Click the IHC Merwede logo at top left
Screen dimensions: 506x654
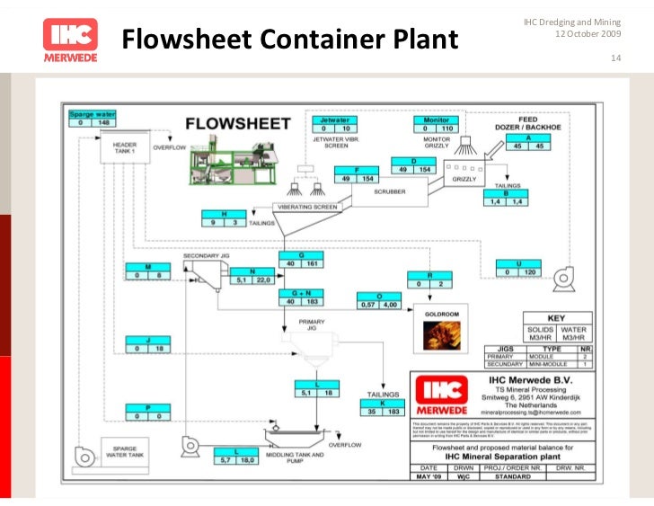(70, 40)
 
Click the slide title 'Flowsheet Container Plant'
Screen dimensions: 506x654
(289, 40)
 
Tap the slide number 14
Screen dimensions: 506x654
(615, 59)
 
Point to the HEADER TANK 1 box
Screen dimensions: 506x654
(124, 148)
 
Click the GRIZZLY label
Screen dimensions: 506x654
(464, 180)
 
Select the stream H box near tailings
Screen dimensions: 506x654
(222, 220)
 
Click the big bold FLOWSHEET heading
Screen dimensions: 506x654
(237, 123)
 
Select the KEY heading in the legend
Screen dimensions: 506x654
(555, 318)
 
